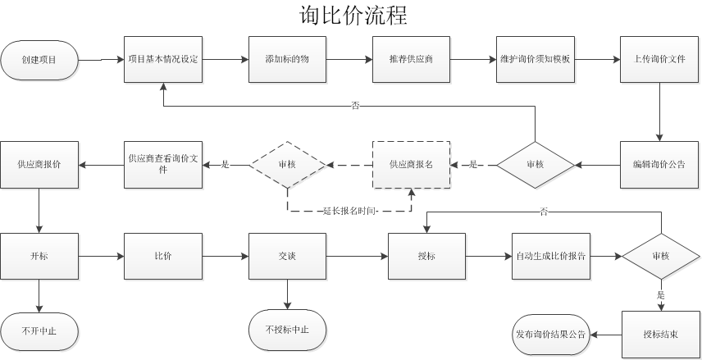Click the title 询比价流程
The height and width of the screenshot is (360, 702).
click(x=353, y=15)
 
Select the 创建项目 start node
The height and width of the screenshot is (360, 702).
click(x=39, y=59)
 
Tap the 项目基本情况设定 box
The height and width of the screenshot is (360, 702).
click(x=163, y=59)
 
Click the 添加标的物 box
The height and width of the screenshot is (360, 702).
click(x=287, y=59)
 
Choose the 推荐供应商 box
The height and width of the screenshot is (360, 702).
click(x=411, y=59)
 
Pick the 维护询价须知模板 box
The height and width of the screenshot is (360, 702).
click(x=535, y=59)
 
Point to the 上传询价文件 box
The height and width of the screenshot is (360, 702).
click(x=659, y=59)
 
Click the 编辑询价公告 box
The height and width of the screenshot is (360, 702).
click(x=659, y=165)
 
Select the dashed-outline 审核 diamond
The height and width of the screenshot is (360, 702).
click(x=287, y=165)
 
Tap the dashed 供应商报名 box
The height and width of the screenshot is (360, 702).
click(x=411, y=165)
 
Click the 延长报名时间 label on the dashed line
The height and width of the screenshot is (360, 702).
click(x=349, y=211)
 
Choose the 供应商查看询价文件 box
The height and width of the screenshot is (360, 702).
click(x=163, y=165)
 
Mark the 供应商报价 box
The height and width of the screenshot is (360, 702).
click(x=39, y=165)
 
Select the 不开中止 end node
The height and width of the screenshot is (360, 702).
click(x=39, y=331)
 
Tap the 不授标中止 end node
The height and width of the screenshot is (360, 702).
click(x=287, y=331)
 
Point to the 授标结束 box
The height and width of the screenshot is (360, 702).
click(x=661, y=335)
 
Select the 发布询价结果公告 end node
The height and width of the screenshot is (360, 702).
click(x=550, y=335)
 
